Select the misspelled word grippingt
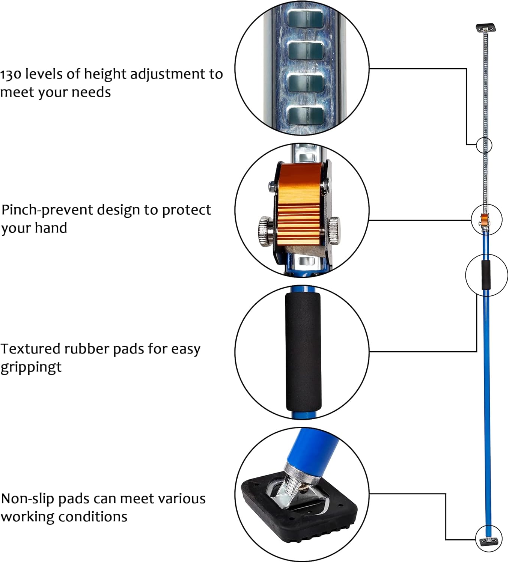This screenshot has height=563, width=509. click(x=31, y=367)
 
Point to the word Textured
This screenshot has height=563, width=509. click(x=30, y=349)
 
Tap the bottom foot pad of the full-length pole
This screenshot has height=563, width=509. click(x=488, y=541)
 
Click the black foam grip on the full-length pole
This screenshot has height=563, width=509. click(x=486, y=275)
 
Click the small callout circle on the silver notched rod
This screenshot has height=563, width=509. click(x=484, y=145)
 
